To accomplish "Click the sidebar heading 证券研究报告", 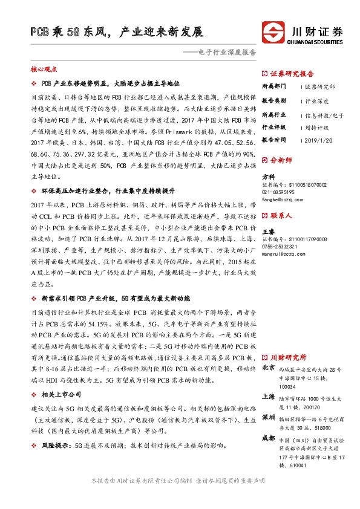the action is click(x=292, y=71).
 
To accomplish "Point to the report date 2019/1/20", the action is click(x=319, y=140).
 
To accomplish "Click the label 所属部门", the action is click(x=273, y=86).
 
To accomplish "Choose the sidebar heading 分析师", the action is click(x=281, y=161).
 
